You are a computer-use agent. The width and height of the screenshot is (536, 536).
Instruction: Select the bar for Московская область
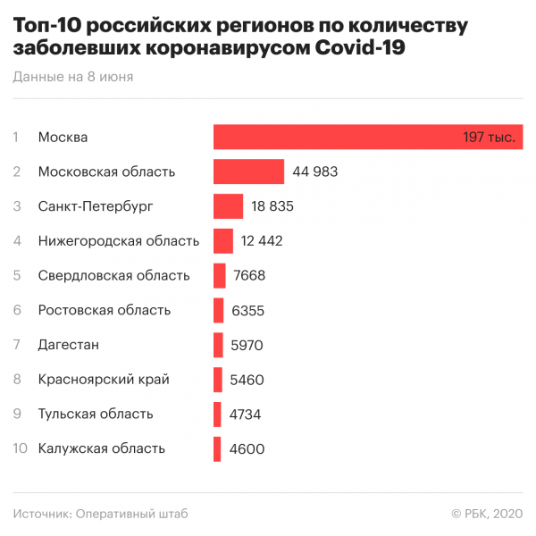[248, 172]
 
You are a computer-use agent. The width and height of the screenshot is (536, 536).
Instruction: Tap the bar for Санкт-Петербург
[228, 206]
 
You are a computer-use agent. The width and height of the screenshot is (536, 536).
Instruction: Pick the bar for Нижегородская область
[223, 240]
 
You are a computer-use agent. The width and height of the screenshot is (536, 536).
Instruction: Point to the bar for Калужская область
[217, 448]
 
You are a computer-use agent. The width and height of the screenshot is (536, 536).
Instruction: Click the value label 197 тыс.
[489, 138]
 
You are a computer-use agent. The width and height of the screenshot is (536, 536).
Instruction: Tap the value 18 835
[272, 206]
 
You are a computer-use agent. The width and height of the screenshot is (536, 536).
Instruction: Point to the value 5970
[247, 345]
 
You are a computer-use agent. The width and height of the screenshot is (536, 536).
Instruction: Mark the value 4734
[247, 415]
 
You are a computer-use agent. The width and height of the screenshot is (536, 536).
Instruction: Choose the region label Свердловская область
[113, 276]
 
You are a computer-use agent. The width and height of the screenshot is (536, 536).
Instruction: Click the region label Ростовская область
[105, 310]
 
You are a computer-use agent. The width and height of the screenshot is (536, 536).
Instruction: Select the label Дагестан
[69, 345]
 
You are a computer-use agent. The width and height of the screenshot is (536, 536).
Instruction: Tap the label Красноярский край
[104, 380]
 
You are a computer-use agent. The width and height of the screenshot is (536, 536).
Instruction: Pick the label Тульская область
[96, 415]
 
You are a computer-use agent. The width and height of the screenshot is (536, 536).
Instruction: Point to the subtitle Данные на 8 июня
[73, 77]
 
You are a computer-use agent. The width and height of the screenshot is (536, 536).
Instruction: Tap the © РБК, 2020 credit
[487, 514]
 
